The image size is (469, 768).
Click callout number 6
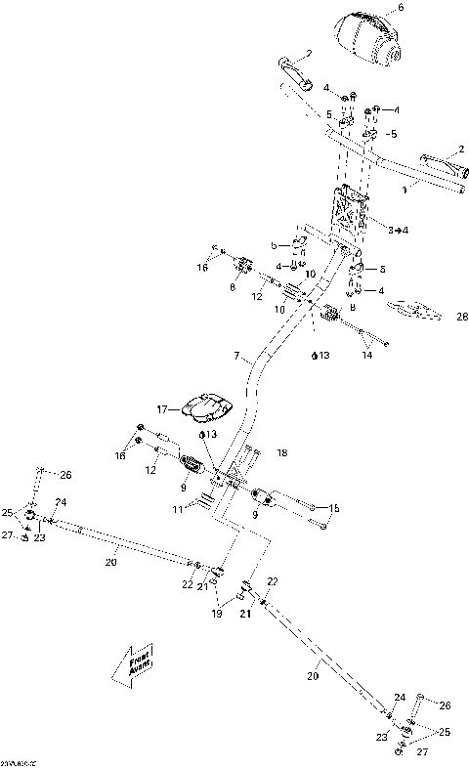400,9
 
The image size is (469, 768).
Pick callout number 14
366,357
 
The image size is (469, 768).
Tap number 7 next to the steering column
236,359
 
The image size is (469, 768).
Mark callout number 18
283,453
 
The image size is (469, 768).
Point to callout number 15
334,507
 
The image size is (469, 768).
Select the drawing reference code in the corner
18,762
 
